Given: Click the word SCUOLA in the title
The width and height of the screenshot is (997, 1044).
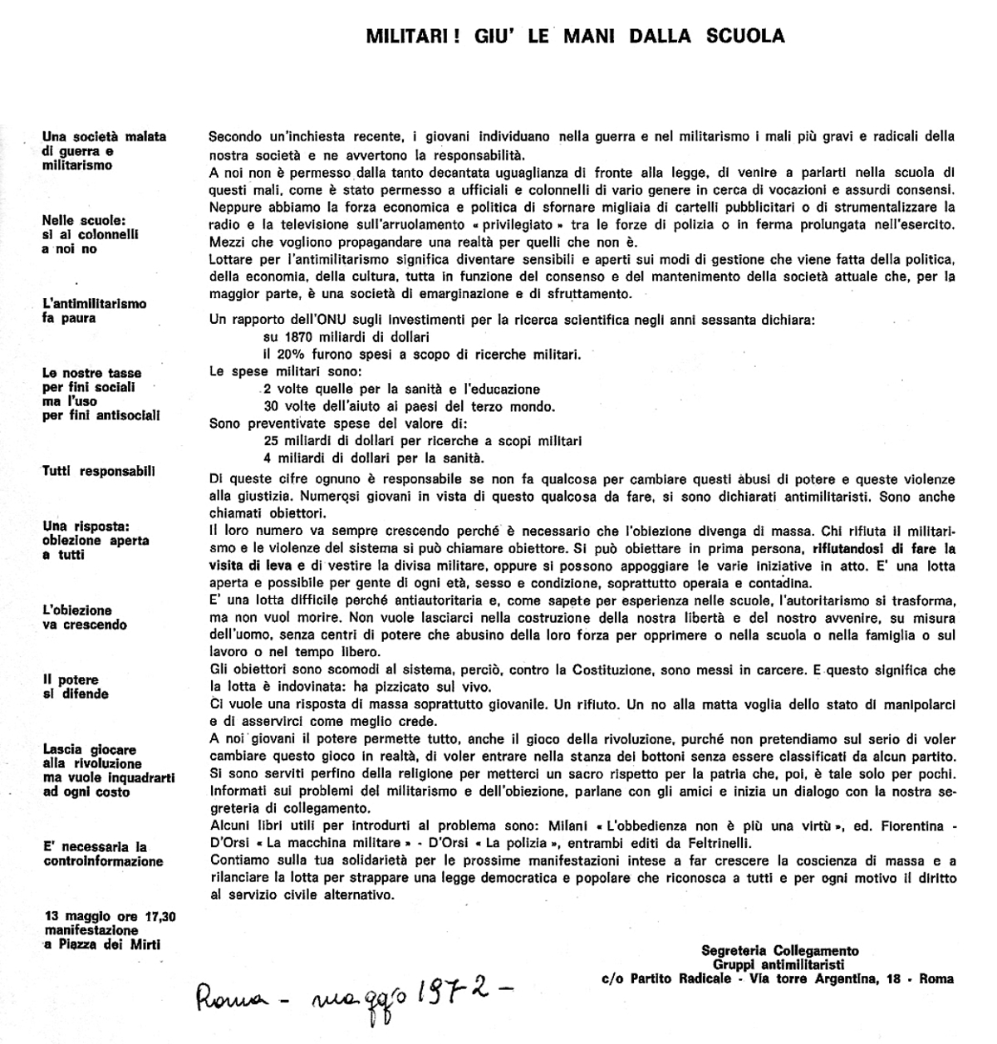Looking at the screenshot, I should [x=745, y=36].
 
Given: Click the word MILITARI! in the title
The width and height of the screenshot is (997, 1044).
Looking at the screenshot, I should [x=402, y=36].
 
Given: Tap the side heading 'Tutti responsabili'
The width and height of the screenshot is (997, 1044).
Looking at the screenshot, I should [x=98, y=471].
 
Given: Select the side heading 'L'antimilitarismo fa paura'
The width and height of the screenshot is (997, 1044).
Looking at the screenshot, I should [x=94, y=311].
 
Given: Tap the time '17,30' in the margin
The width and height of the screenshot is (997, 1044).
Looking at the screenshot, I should [x=165, y=917].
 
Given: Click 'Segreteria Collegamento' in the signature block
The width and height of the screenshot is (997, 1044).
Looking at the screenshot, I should [x=779, y=950].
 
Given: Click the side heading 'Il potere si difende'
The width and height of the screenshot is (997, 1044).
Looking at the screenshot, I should [x=75, y=687].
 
